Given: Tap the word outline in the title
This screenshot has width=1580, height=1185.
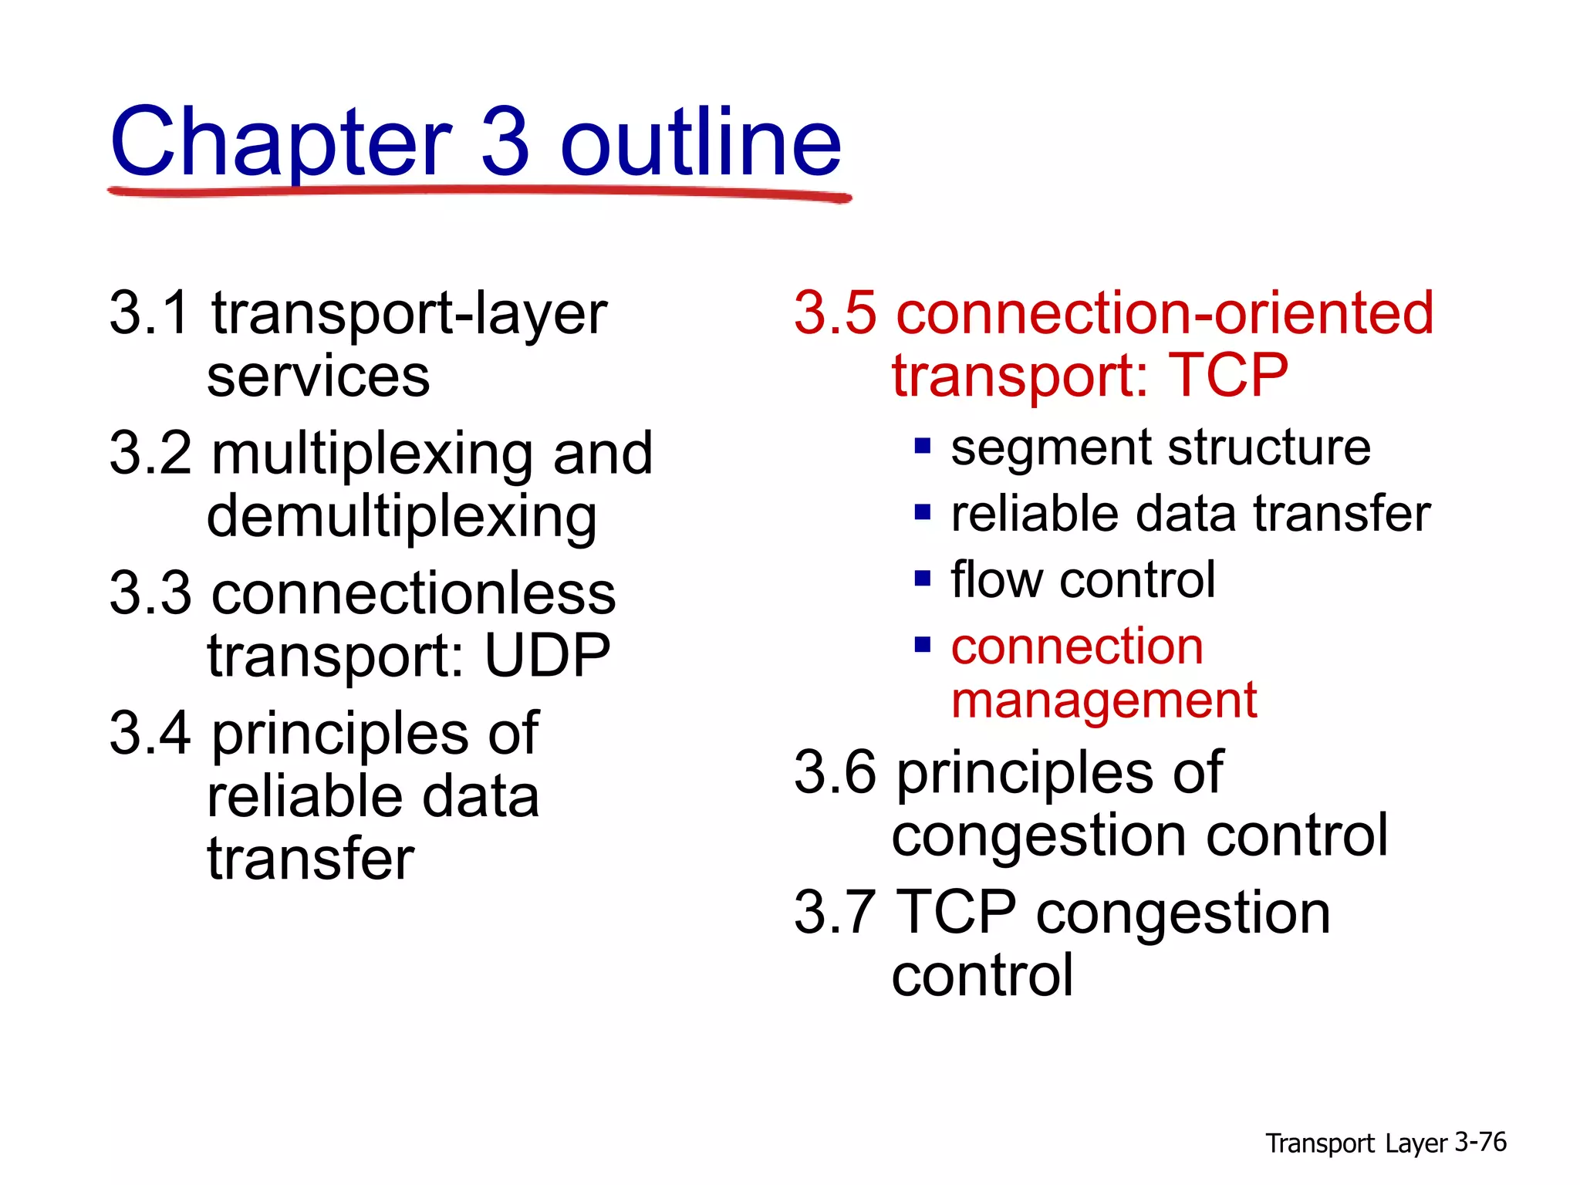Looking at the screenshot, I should coord(701,143).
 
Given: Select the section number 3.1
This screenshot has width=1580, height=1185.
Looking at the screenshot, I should coord(149,313).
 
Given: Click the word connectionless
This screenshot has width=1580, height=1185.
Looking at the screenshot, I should coord(414,594).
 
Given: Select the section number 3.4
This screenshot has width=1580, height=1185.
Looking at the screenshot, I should coord(149,734).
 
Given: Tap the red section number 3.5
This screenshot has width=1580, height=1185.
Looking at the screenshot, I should coord(836,313).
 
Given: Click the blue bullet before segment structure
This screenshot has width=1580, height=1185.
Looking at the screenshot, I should coord(922,447).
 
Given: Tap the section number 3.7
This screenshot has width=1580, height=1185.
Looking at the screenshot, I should coord(836,913).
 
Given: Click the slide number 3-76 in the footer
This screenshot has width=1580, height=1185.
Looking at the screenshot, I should coord(1480,1142).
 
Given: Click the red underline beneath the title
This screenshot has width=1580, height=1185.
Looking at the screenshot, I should coord(478,192).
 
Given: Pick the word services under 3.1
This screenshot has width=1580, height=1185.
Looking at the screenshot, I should coord(318,377).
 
